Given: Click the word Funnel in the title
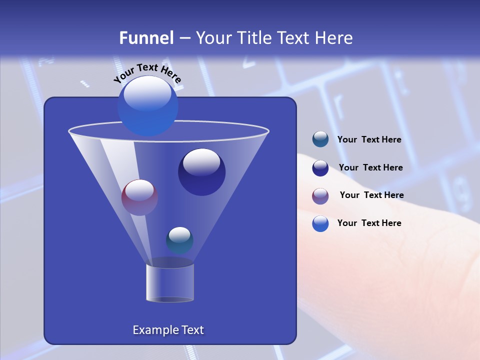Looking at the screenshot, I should (146, 38).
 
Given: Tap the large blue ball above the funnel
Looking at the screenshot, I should (147, 106).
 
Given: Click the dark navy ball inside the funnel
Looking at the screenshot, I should (201, 172).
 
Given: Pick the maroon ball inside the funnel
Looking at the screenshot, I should (139, 197).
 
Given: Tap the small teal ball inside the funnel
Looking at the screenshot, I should (179, 240).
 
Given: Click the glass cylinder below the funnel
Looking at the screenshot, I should (169, 282).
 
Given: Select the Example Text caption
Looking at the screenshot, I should (168, 330).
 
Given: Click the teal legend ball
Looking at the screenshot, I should (320, 139).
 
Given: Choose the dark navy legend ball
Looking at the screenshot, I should (320, 168).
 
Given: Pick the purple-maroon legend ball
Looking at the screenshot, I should (320, 196).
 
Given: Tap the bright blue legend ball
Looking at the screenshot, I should (320, 223).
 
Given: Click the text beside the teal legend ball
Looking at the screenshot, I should (369, 140).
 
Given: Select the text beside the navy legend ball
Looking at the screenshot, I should (370, 168).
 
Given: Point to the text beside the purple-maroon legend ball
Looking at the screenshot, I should (371, 195).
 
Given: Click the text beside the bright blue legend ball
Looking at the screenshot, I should (369, 223).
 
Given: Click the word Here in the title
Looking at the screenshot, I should (334, 38).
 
